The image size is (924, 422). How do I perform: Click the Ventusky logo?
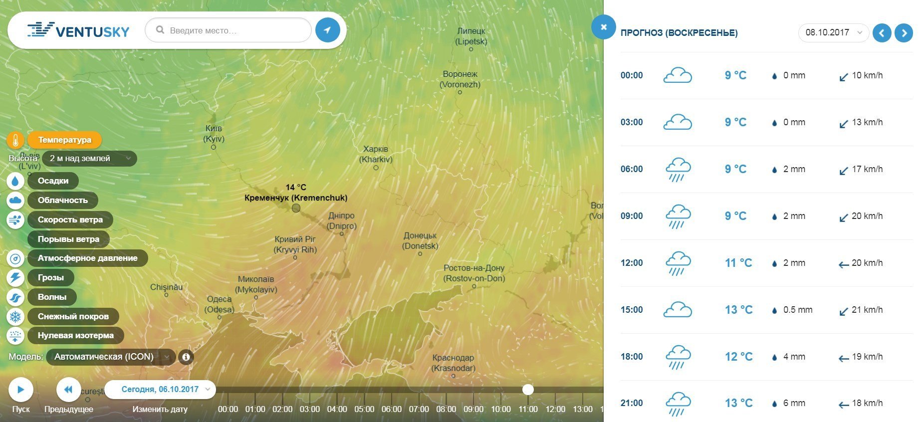[78, 30]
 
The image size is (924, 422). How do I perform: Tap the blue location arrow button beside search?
[327, 30]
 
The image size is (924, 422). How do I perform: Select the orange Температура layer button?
[64, 140]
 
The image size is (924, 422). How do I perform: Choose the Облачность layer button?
[62, 200]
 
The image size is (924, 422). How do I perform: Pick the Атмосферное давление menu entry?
[87, 258]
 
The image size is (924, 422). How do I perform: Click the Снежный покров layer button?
[73, 316]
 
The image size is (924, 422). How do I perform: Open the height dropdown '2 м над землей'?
[89, 159]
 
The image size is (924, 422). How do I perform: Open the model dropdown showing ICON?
[110, 357]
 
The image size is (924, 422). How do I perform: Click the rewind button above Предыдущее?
[68, 389]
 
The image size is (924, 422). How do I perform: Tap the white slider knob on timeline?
[528, 389]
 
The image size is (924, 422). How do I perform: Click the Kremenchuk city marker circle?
[296, 208]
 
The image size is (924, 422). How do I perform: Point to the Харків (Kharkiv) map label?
[376, 154]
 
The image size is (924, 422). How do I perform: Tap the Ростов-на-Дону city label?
[474, 273]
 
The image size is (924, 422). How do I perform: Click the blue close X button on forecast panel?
[603, 27]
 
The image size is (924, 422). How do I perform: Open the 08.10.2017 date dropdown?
[833, 32]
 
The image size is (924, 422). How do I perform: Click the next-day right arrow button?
[904, 33]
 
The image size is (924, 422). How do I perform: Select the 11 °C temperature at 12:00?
[738, 263]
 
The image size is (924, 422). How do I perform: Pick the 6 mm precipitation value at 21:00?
[794, 403]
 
